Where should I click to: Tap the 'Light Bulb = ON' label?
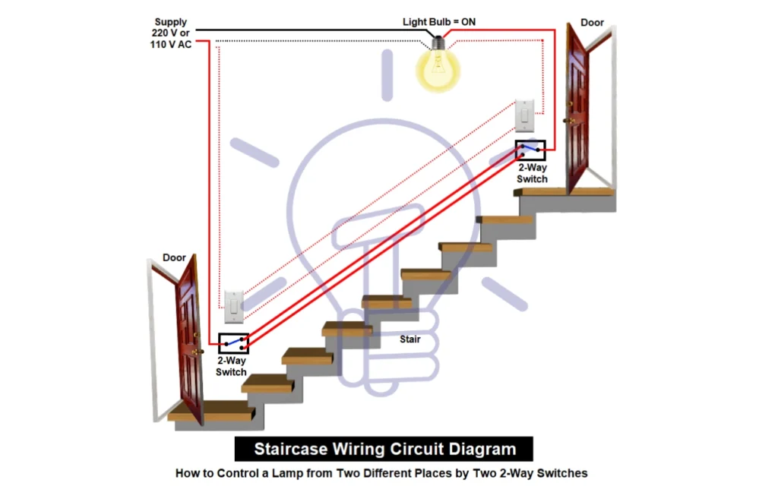coord(439,22)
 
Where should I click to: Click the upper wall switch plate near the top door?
coord(525,115)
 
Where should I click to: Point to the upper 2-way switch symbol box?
coord(530,150)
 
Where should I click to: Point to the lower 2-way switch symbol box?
coord(233,343)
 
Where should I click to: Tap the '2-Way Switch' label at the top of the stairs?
coord(532,172)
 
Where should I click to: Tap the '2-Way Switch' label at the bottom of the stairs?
coord(231,366)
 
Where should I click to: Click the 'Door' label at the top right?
coord(593,23)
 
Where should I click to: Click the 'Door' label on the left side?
coord(174,257)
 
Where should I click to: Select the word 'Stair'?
coord(410,339)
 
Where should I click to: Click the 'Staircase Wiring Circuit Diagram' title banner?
coord(384,449)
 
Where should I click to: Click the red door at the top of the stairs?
coord(577,114)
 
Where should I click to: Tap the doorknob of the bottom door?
coord(199,352)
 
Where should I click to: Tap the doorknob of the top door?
coord(566,120)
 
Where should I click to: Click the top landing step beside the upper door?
coord(566,193)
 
